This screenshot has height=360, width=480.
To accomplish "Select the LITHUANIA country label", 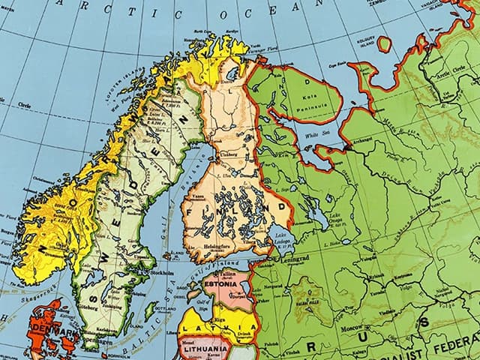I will click(x=202, y=349).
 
